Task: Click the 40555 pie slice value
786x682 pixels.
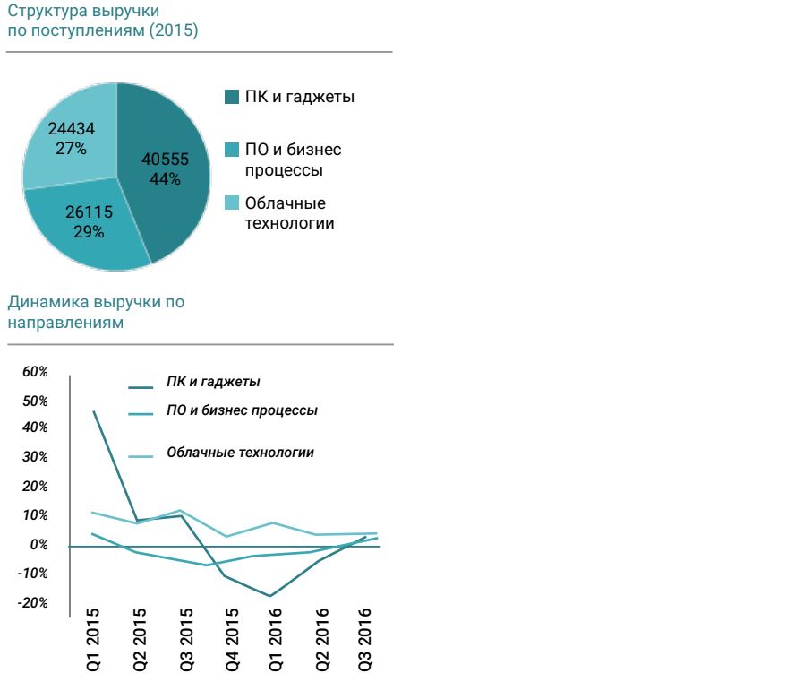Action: pos(166,160)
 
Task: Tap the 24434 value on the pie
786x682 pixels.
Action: pos(71,129)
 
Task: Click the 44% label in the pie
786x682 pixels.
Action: pos(166,178)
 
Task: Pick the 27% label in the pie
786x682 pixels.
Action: pos(71,148)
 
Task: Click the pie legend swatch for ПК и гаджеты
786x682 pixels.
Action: pos(231,97)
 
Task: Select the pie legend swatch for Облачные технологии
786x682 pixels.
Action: pos(231,203)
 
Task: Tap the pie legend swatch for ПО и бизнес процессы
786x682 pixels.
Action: pos(231,150)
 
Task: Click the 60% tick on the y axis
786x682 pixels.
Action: pos(36,371)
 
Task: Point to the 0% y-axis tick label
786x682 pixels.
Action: pos(40,545)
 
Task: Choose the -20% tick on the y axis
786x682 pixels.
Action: pos(33,602)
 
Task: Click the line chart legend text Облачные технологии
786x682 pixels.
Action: pos(240,453)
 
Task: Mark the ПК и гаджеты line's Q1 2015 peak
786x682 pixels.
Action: pos(94,411)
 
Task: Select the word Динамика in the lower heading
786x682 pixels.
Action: pos(42,302)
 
